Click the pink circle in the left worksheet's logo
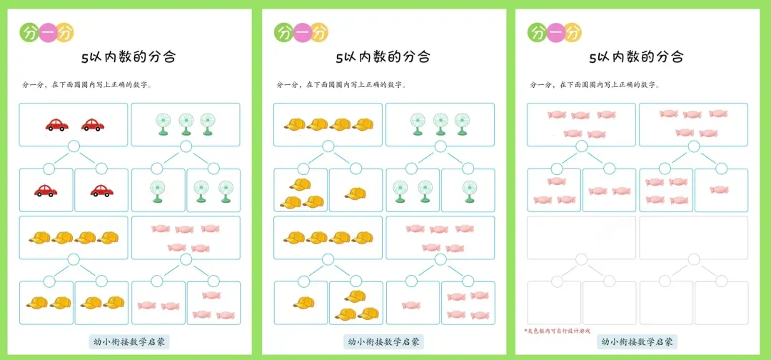[47, 33]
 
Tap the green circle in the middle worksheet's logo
[283, 33]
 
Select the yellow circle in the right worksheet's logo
[572, 33]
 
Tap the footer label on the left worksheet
[128, 342]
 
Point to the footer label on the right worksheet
[635, 342]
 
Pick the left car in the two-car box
[56, 125]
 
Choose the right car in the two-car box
[91, 125]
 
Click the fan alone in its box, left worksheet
[158, 191]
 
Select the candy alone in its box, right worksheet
[720, 190]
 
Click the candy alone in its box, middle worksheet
[411, 305]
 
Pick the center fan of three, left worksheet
[186, 124]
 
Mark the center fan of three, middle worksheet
[440, 124]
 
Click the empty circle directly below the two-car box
[73, 147]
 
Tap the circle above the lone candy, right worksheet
[721, 169]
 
